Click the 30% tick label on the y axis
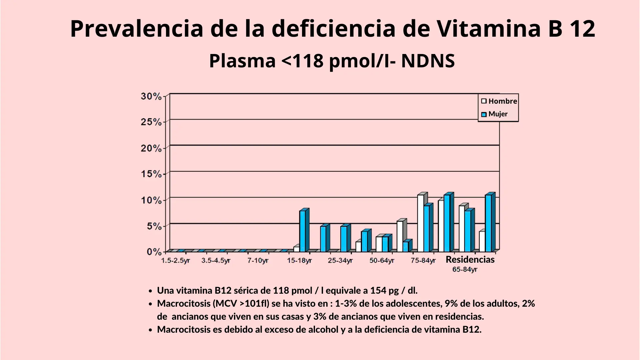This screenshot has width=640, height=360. tap(151, 96)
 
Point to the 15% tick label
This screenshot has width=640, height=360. tap(151, 174)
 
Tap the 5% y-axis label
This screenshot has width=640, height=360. tap(154, 226)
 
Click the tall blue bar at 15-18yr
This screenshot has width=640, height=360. tap(303, 231)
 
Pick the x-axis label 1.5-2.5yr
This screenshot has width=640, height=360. tap(175, 260)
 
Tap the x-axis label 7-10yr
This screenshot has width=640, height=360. tap(258, 260)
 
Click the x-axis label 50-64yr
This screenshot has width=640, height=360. tap(382, 260)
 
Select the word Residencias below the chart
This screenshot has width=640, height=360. tap(470, 259)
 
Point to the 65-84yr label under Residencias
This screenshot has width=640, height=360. tap(465, 269)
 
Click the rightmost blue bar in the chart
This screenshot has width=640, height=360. tap(488, 223)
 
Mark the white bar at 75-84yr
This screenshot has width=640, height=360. tap(421, 223)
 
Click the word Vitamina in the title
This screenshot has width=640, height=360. tap(489, 29)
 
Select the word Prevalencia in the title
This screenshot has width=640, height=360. tap(136, 29)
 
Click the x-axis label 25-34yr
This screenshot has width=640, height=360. tap(340, 260)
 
